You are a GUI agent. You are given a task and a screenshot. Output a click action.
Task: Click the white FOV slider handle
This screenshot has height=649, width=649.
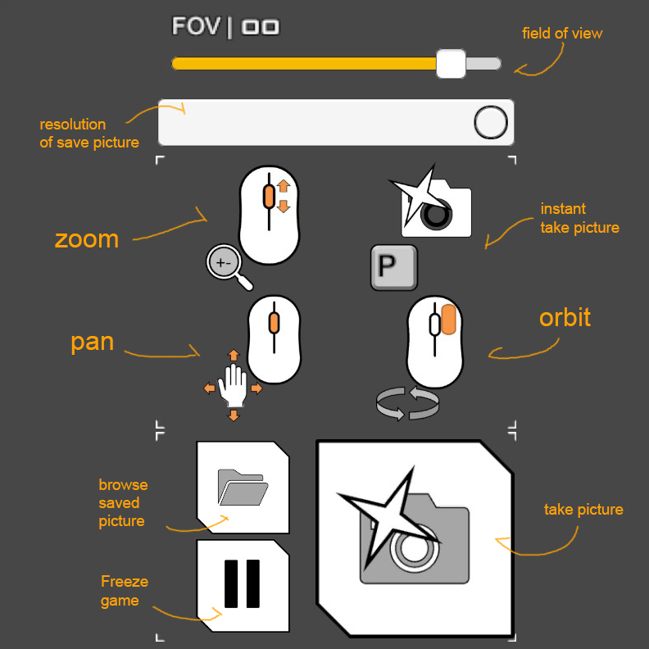[x=451, y=63]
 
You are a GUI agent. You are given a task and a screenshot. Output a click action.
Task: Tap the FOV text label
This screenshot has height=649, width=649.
[x=196, y=26]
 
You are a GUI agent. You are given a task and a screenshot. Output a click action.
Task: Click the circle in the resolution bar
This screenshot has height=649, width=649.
[x=491, y=122]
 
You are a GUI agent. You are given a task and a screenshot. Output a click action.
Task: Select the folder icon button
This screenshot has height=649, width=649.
[x=243, y=488]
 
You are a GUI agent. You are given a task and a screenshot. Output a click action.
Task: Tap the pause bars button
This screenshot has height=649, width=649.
[x=243, y=585]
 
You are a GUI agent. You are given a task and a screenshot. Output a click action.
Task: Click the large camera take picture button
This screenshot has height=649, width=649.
[x=415, y=538]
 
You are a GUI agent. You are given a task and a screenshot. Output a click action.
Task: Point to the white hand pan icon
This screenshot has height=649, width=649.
[x=233, y=385]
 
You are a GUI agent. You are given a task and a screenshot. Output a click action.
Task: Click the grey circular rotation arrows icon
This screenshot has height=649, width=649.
[x=408, y=402]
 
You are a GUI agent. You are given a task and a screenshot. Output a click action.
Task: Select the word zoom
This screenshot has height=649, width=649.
[x=87, y=239]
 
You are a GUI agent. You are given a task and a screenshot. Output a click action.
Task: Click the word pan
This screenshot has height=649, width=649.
[x=92, y=343]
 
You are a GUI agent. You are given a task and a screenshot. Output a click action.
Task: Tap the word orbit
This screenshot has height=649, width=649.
[x=565, y=317]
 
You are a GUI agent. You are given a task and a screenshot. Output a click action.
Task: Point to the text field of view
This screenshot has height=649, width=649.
[x=562, y=33]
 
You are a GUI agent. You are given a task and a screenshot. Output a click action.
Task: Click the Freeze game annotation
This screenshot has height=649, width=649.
[x=125, y=591]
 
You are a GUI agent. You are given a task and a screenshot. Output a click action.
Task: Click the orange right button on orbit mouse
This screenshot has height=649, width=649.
[x=449, y=320]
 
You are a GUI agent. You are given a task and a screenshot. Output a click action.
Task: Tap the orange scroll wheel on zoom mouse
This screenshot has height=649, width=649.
[x=269, y=197]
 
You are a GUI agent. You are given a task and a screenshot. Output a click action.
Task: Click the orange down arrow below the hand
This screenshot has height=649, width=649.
[x=234, y=415]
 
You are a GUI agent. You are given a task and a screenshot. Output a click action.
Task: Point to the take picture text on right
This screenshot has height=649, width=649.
[x=583, y=509]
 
